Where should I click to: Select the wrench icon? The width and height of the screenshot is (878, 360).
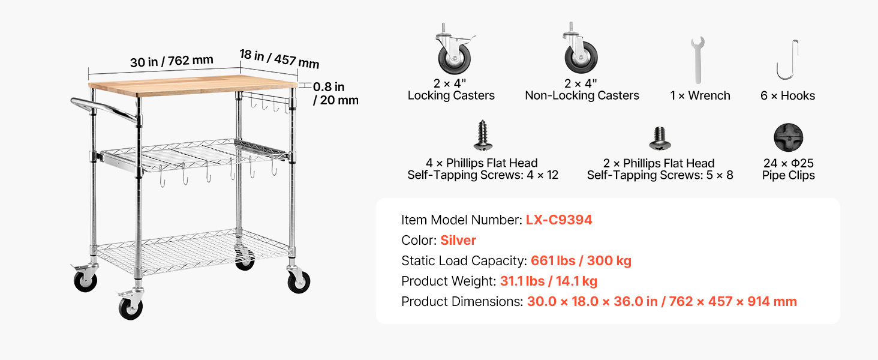tap(697, 60)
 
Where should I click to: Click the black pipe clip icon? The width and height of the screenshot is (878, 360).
tap(788, 137)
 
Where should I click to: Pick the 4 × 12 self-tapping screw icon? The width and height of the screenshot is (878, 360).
tap(483, 135)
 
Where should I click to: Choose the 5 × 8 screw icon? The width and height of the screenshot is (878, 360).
tap(660, 138)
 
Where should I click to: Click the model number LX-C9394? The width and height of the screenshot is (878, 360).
tap(558, 220)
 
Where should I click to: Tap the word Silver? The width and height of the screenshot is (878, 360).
tap(458, 240)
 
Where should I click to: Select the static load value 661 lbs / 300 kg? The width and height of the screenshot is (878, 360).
tap(581, 260)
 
